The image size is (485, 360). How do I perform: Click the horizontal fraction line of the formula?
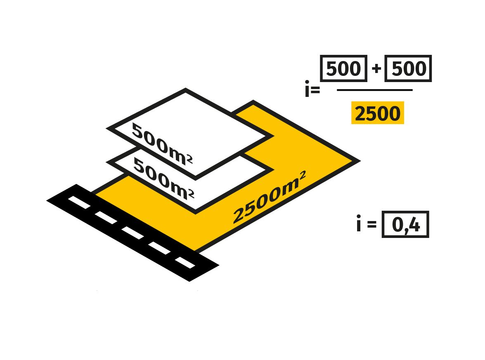point(374,90)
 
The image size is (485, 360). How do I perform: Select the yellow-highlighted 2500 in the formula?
point(377,114)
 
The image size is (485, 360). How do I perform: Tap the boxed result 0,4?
point(405,224)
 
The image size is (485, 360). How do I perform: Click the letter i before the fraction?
point(308,89)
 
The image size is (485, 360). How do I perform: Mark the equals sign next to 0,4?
point(371,225)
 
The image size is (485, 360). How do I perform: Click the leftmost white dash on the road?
point(79,202)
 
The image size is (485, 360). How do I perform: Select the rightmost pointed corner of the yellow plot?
point(357,160)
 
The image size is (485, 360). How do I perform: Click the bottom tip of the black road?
point(189,280)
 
